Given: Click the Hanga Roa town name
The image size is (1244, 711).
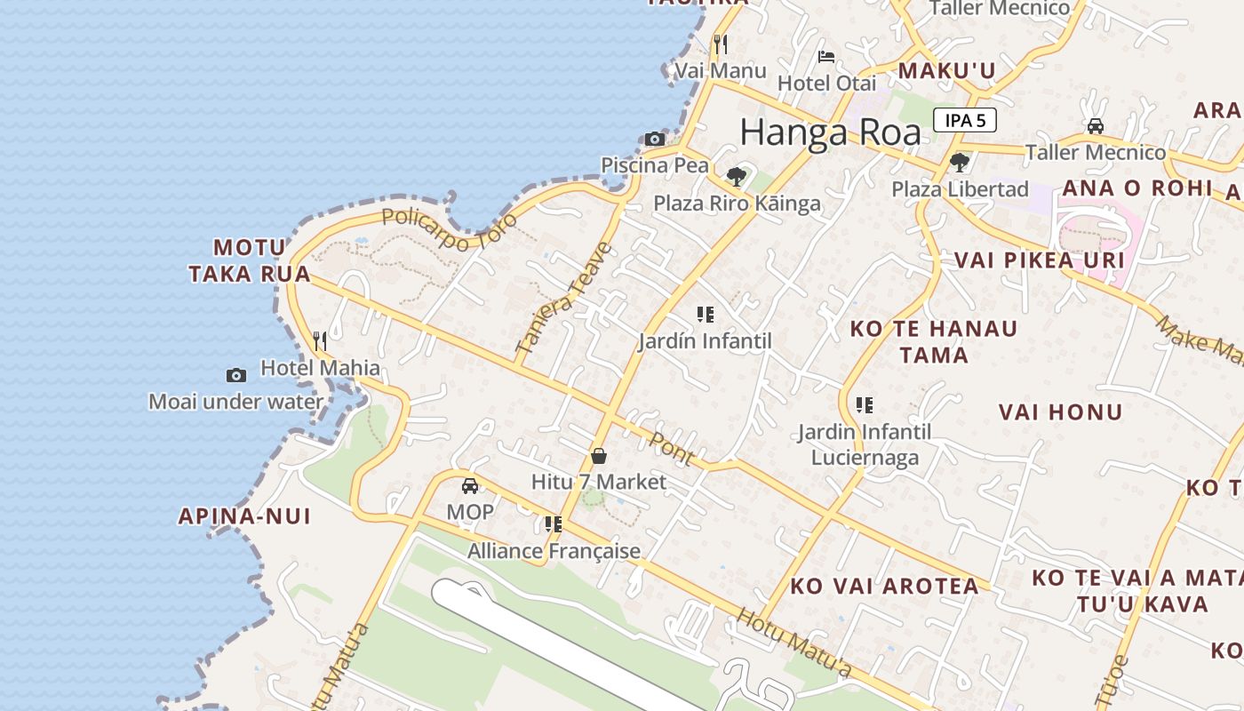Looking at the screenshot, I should pyautogui.click(x=830, y=133).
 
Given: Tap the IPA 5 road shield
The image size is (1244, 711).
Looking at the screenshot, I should pyautogui.click(x=964, y=120).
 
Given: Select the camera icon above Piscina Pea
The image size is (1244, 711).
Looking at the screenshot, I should pyautogui.click(x=655, y=139).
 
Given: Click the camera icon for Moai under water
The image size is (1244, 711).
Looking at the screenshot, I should pyautogui.click(x=235, y=375).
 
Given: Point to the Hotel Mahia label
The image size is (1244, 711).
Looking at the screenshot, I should pyautogui.click(x=320, y=368).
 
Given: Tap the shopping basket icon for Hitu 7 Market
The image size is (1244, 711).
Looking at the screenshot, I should pyautogui.click(x=599, y=456).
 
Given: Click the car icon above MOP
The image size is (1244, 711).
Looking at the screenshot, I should pyautogui.click(x=470, y=485).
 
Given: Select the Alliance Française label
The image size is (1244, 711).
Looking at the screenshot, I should pyautogui.click(x=554, y=551).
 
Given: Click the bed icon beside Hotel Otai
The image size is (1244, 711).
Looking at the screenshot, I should pyautogui.click(x=826, y=57).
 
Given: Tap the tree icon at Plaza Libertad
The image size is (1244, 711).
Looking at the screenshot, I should pyautogui.click(x=960, y=162).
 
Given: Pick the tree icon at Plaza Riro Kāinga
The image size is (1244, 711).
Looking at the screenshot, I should pyautogui.click(x=736, y=175).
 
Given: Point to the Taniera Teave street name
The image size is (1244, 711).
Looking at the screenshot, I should pyautogui.click(x=565, y=299).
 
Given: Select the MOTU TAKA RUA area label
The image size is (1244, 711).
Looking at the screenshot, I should pyautogui.click(x=250, y=260).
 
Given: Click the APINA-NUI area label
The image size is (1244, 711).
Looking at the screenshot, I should pyautogui.click(x=244, y=516).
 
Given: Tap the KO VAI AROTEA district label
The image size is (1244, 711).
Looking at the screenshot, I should pyautogui.click(x=885, y=587).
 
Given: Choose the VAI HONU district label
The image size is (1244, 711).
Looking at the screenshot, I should pyautogui.click(x=1060, y=412).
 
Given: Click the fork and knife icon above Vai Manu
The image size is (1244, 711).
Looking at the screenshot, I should pyautogui.click(x=721, y=44).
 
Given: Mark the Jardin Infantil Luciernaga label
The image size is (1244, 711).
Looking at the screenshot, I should pyautogui.click(x=865, y=444).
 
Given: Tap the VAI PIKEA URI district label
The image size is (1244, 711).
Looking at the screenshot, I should pyautogui.click(x=1039, y=260).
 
